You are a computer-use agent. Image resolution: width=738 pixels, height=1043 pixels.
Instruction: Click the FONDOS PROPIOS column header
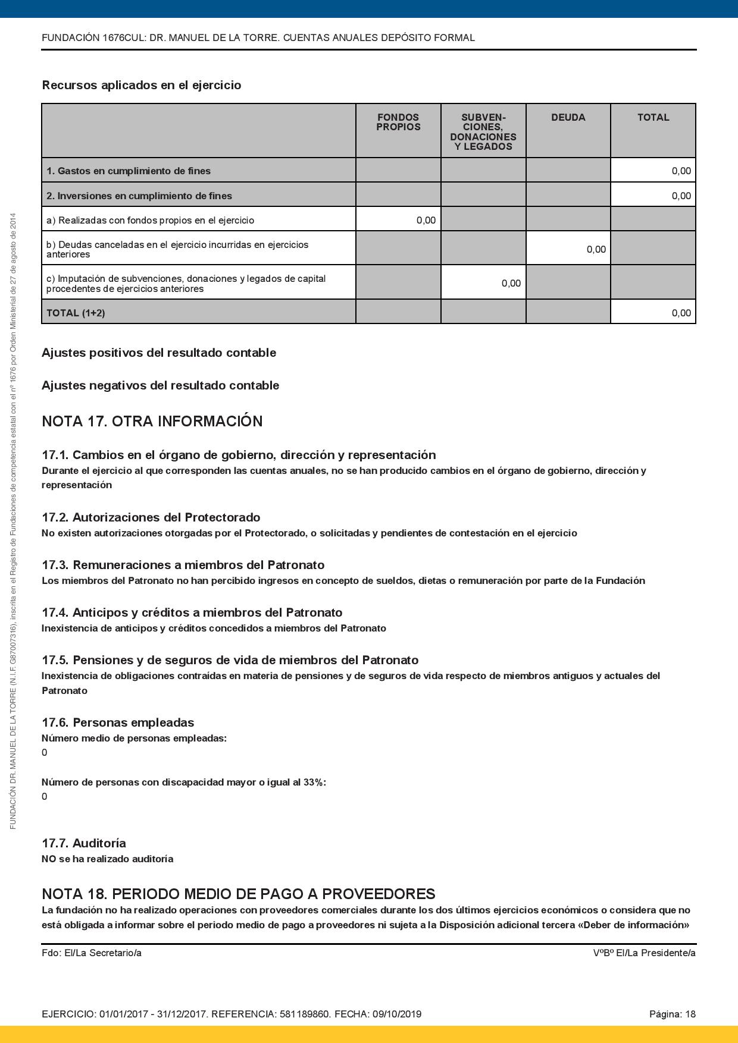tap(398, 122)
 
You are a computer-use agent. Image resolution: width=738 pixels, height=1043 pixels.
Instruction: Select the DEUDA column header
tap(568, 118)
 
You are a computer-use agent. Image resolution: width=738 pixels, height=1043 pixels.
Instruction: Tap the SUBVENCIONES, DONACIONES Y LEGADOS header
tap(483, 131)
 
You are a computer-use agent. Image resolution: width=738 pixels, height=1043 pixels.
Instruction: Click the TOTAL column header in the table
tap(653, 118)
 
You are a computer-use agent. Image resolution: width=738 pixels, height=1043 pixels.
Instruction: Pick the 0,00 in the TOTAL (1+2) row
tap(681, 313)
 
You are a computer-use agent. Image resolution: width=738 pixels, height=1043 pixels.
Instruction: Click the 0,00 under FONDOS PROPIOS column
tap(426, 220)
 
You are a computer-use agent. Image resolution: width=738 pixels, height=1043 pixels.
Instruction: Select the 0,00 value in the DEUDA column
tap(596, 249)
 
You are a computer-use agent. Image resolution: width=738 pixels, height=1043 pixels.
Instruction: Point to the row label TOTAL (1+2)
tap(76, 313)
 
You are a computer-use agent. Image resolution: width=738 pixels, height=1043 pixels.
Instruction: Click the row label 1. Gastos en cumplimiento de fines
tap(129, 171)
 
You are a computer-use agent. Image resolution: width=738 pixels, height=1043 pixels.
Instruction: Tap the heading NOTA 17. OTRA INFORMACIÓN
tap(152, 421)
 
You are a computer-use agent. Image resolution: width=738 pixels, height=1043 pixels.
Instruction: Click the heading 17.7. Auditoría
tap(84, 843)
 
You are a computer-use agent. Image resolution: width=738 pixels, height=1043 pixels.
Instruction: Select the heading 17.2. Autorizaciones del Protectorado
tap(151, 517)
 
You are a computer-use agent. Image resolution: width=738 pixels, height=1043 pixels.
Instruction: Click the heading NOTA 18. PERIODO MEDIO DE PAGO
tap(238, 894)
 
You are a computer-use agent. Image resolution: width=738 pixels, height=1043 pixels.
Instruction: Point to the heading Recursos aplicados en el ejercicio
tap(142, 85)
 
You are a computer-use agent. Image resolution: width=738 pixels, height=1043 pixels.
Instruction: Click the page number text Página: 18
tap(672, 1014)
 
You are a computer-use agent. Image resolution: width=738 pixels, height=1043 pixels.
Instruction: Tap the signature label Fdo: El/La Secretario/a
tap(92, 953)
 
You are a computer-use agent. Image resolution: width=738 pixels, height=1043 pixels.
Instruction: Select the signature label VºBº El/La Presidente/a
tap(644, 953)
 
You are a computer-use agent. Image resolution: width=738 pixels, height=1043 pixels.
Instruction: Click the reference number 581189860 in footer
tap(304, 1014)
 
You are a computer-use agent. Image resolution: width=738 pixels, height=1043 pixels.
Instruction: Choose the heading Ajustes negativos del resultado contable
tap(160, 385)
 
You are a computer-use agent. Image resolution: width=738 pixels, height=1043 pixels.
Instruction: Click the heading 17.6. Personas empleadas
tap(118, 722)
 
